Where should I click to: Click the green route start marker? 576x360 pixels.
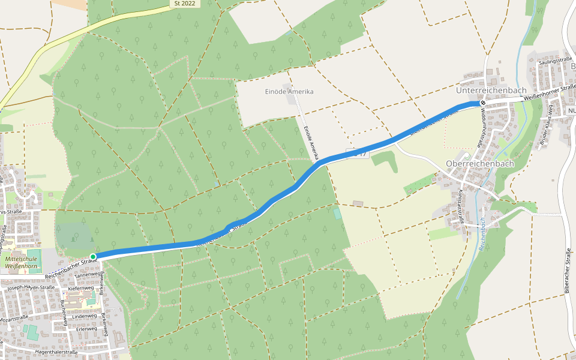point(93,257)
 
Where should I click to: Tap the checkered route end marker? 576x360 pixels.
point(482,103)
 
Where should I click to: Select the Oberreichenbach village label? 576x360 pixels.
point(480,163)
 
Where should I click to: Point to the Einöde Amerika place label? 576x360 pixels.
point(289,92)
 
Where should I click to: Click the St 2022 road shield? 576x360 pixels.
point(185,4)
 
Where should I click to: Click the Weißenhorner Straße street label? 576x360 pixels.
point(549,95)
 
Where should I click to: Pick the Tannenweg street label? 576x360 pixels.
point(88,274)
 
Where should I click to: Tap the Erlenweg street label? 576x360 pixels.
point(86,329)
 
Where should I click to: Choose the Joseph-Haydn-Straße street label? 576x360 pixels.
point(31,288)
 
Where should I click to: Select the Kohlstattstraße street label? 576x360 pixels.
point(461,206)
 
